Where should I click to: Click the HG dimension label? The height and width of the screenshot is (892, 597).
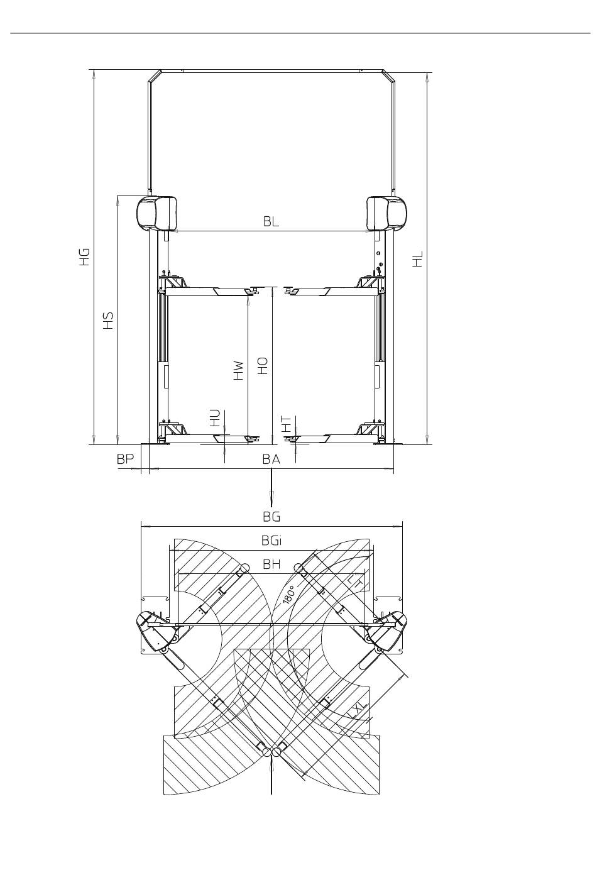pos(84,257)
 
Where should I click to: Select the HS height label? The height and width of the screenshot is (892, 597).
pos(108,320)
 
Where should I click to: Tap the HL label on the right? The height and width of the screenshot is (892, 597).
pos(417,259)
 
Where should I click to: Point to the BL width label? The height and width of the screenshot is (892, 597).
pos(271,221)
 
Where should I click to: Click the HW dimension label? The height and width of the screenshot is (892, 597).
pos(238,370)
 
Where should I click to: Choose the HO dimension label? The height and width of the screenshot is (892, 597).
pos(263,366)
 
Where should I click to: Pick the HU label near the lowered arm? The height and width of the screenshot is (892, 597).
pos(215,418)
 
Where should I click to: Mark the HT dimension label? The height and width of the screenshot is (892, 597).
pos(287,424)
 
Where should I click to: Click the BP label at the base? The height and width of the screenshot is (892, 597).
pos(125,459)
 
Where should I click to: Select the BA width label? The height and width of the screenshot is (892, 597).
pos(271,460)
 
